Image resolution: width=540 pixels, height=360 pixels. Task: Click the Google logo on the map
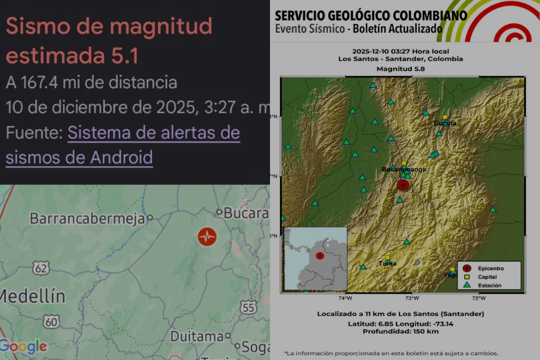[23, 347]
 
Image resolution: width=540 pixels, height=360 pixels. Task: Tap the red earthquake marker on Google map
[207, 237]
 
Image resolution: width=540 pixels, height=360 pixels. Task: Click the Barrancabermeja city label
[87, 219]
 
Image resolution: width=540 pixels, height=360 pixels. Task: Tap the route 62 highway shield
[40, 268]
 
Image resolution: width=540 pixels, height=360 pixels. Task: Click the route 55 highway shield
[248, 308]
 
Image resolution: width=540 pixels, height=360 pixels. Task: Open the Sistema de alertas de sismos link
[123, 145]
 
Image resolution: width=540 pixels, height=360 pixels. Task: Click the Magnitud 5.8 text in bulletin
[400, 69]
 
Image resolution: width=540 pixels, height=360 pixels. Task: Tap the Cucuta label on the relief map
[445, 123]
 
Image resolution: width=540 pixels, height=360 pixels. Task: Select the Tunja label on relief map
[387, 263]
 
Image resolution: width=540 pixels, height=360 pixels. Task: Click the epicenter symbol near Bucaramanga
[403, 185]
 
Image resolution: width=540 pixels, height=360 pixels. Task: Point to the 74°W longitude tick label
[345, 298]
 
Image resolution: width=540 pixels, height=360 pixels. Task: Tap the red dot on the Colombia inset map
[320, 256]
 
